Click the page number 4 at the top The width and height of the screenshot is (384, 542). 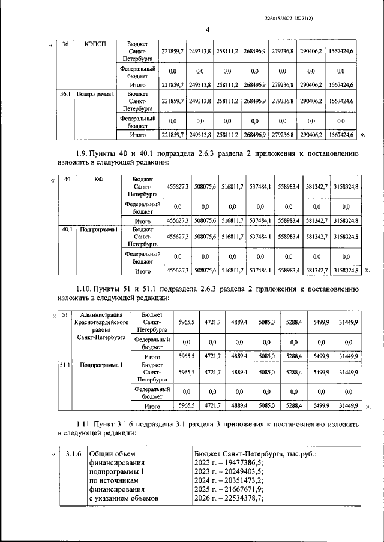click(207, 31)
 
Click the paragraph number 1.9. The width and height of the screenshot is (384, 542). click(85, 154)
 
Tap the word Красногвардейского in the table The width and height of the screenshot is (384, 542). click(100, 322)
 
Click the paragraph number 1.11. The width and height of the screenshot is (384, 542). click(88, 423)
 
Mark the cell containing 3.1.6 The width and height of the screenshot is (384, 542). click(74, 453)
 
